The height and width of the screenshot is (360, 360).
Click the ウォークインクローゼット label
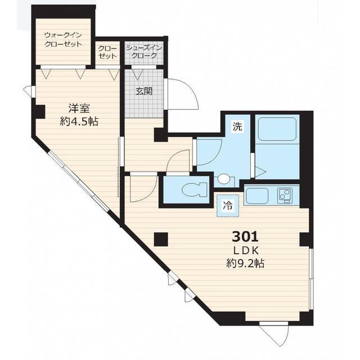pos(63,39)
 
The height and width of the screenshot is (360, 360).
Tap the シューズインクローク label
pos(144,52)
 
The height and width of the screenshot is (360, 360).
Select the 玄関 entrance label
pos(144,91)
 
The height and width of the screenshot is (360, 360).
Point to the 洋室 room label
pos(79,109)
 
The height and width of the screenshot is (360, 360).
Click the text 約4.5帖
pos(79,121)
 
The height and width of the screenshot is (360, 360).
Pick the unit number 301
pos(245,237)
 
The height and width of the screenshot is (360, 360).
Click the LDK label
pos(246,251)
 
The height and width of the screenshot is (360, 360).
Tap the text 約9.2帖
pos(245,263)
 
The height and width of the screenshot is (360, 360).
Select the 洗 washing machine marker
pos(237,127)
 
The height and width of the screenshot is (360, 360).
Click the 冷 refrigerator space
pos(228,206)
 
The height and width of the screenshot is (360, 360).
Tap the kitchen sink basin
pos(257,196)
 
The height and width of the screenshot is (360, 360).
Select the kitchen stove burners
pos(285,196)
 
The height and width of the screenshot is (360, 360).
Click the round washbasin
pos(224,179)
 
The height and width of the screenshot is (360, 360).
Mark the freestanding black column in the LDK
pos(161,240)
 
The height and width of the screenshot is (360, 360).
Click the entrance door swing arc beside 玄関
pos(189,91)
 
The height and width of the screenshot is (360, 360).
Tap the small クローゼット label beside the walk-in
pos(107,52)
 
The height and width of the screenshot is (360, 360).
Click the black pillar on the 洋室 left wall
pos(39,112)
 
